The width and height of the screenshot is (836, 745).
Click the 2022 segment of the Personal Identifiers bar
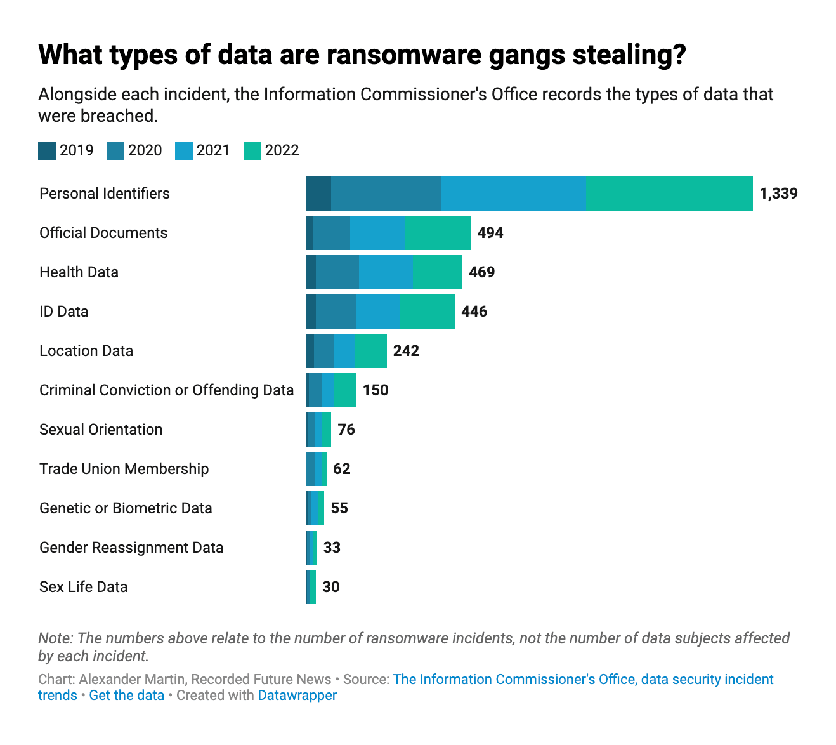tap(669, 194)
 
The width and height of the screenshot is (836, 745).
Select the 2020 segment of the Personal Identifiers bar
tap(386, 194)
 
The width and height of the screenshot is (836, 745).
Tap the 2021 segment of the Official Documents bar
tap(377, 233)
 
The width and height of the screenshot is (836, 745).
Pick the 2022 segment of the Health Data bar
tap(438, 272)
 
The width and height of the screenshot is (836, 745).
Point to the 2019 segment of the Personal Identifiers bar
tap(318, 194)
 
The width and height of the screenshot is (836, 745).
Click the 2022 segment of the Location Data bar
tap(370, 351)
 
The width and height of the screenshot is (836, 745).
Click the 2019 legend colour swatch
tap(47, 151)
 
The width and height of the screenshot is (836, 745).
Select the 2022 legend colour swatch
tap(252, 151)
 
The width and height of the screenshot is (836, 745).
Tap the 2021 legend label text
tap(213, 151)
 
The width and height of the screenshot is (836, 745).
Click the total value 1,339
tap(778, 194)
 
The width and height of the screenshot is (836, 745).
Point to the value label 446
tap(474, 312)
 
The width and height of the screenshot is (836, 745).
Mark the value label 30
tap(331, 587)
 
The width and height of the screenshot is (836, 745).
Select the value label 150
tap(376, 390)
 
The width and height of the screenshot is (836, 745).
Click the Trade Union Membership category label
tap(124, 469)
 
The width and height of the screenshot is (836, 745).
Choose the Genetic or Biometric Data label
tap(126, 508)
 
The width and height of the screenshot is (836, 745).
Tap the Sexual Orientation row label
tap(101, 430)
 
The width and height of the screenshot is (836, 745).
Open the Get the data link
tap(127, 696)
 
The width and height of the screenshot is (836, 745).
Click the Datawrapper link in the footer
tap(297, 696)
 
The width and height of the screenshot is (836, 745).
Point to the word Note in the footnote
tap(55, 638)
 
